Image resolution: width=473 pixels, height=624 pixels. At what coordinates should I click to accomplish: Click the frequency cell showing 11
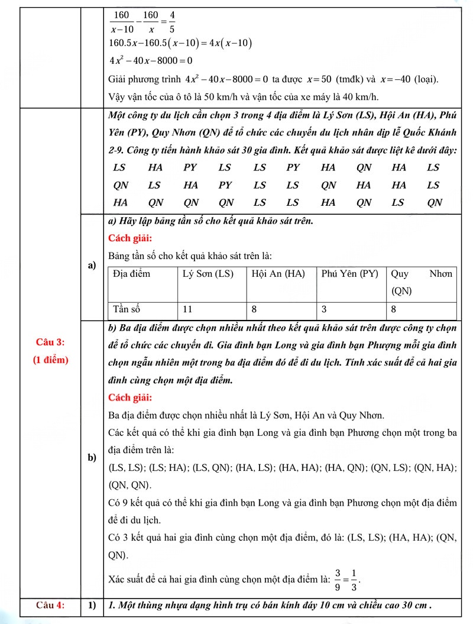[188, 309]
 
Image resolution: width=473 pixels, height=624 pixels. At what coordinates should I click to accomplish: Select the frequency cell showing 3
[325, 309]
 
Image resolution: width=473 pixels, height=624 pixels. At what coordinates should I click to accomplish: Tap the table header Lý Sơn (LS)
[208, 274]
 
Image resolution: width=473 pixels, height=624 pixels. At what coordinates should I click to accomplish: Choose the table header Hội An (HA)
[278, 274]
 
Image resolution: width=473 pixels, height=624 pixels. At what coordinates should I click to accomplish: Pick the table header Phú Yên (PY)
[349, 274]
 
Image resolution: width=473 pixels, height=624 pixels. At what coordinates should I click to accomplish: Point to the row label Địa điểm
[132, 274]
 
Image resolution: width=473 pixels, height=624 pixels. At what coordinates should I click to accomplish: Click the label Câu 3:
[50, 342]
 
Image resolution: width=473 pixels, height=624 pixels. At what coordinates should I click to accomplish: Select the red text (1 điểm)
[50, 360]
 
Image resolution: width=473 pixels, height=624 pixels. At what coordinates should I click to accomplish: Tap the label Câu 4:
[50, 604]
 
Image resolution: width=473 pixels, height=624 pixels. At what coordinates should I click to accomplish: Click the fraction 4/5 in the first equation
[171, 21]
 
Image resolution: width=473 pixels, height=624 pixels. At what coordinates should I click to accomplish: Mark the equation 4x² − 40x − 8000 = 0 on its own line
[151, 60]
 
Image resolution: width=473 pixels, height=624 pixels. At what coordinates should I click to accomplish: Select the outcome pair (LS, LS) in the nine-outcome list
[127, 468]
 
